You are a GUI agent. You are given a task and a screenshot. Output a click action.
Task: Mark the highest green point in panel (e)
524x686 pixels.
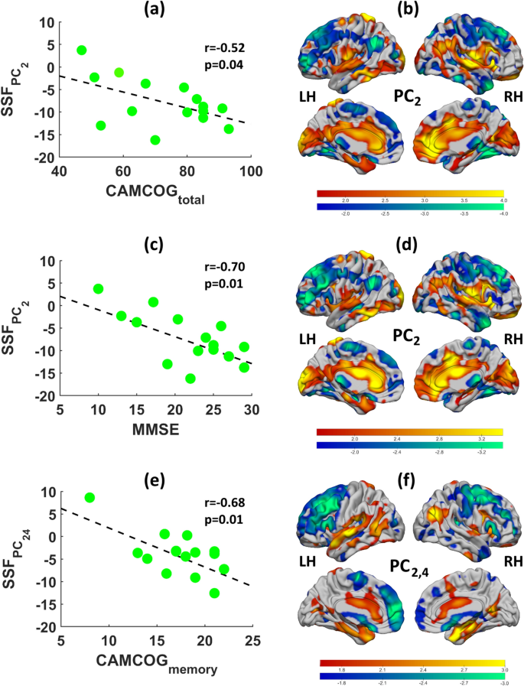tap(90, 498)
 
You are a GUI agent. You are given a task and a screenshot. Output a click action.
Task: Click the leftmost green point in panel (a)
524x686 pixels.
tap(82, 50)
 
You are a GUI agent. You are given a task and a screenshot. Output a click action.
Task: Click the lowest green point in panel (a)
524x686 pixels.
tap(155, 140)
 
